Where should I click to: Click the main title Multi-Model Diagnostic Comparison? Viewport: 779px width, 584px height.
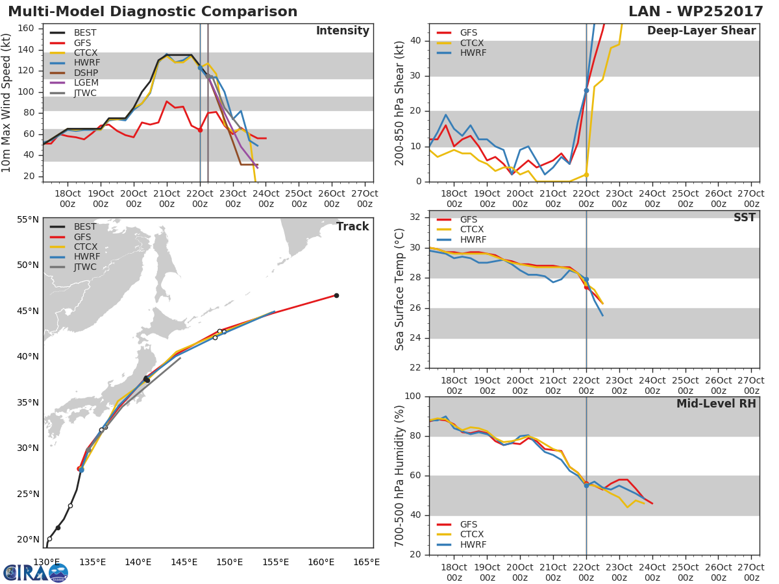click(153, 12)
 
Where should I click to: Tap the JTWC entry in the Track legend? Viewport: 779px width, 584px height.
click(85, 267)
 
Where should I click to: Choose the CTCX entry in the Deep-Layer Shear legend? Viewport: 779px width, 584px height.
click(473, 43)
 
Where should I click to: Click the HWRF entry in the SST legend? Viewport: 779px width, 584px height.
click(473, 240)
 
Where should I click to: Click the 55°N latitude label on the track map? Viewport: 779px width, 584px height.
click(28, 220)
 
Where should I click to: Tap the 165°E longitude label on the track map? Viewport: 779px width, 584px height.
click(366, 562)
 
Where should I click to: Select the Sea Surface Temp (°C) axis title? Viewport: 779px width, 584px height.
click(400, 289)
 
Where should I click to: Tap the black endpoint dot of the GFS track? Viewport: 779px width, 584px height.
click(336, 295)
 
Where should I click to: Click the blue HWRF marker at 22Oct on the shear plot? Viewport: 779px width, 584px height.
click(586, 90)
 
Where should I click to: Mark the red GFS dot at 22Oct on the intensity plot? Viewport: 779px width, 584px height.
click(200, 130)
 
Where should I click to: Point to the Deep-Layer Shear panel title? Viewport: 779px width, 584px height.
click(701, 31)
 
